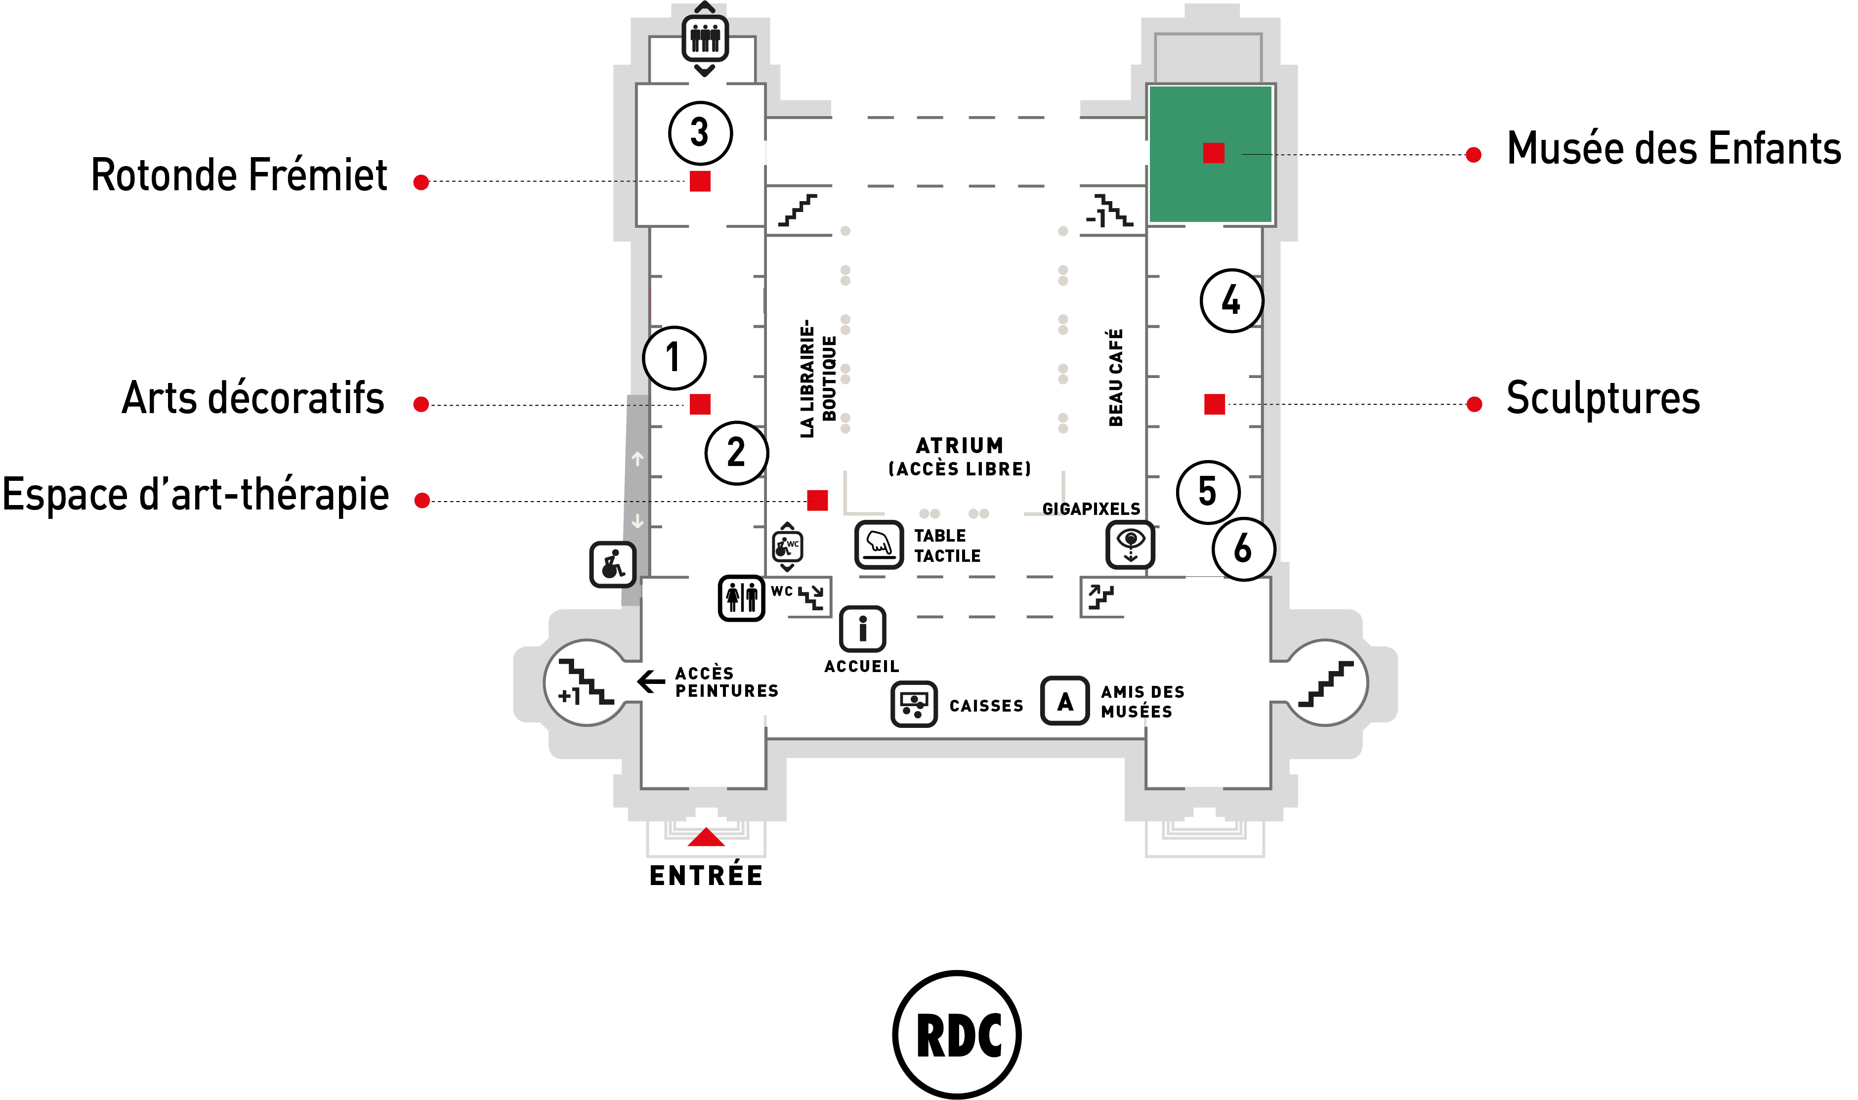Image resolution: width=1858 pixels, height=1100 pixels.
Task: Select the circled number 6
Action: [x=1244, y=550]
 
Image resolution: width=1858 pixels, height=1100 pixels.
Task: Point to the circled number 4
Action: [x=1232, y=300]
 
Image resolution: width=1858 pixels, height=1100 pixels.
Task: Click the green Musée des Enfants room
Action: [x=1210, y=154]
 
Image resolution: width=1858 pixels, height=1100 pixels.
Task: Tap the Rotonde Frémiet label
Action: [x=239, y=176]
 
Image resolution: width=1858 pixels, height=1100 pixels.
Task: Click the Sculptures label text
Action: [x=1603, y=398]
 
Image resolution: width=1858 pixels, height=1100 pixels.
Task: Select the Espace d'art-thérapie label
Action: [x=196, y=494]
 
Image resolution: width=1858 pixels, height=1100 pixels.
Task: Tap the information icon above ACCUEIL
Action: [x=863, y=630]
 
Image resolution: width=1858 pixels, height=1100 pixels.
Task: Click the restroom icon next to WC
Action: [x=741, y=597]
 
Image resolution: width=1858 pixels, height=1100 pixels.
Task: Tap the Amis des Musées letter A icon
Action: [x=1065, y=701]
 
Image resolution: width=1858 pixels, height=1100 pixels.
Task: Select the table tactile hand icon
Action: [x=879, y=545]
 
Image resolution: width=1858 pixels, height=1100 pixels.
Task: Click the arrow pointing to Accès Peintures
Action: [x=651, y=681]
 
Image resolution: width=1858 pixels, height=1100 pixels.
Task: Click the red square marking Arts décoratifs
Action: [x=700, y=404]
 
